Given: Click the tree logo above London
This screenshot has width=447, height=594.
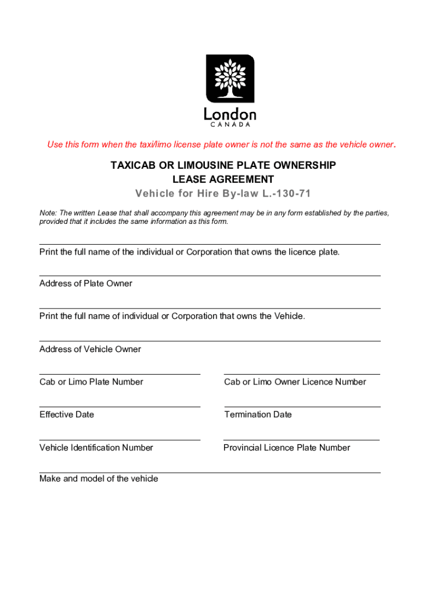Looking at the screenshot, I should click(230, 78).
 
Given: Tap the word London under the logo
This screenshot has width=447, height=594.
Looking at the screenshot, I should click(230, 114).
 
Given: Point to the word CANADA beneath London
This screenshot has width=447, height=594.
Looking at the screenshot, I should click(230, 124).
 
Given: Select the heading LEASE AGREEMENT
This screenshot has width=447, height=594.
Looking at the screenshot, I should click(223, 179).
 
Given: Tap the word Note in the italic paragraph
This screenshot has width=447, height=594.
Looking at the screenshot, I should click(48, 213).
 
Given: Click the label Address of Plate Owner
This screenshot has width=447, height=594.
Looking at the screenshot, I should click(86, 284).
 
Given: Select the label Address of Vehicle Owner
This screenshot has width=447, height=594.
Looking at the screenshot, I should click(90, 349).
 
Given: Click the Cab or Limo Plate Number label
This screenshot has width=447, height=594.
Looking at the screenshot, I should click(91, 382).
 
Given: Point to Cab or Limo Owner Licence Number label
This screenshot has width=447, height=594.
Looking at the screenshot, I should click(295, 382).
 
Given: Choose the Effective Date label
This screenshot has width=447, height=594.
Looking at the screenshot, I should click(67, 415).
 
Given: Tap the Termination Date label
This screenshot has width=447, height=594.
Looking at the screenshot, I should click(258, 415).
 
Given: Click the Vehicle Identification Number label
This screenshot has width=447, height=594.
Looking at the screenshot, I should click(96, 448).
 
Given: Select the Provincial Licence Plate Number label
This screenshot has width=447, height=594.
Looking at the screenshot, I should click(287, 448).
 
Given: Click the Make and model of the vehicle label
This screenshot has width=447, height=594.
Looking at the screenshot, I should click(99, 479).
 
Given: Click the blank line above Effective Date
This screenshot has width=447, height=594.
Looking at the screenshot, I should click(120, 407).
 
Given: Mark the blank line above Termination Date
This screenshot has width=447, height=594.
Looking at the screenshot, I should click(302, 407).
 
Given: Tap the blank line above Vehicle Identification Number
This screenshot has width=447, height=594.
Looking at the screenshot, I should click(120, 440).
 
